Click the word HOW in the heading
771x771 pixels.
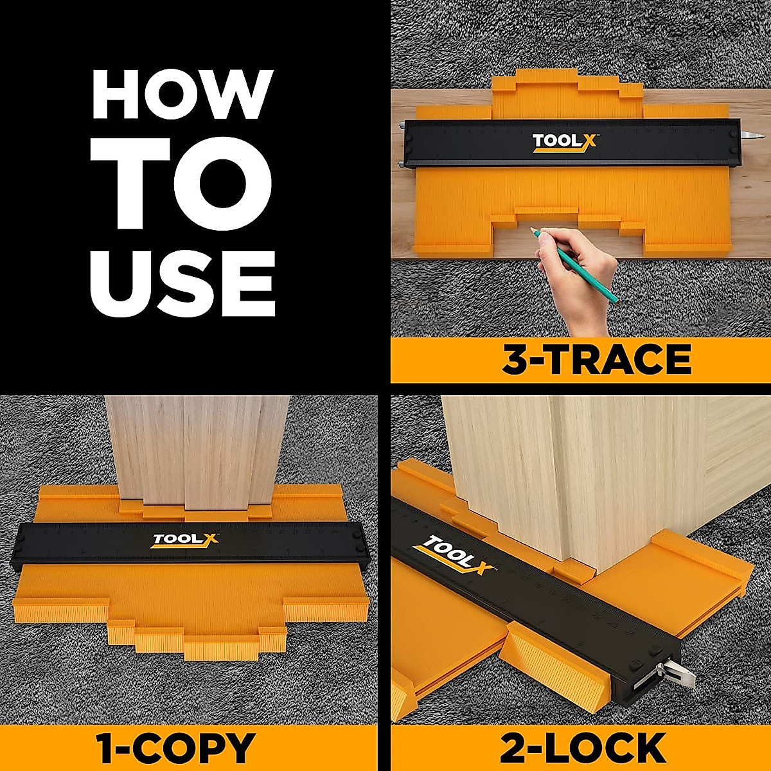(x=182, y=94)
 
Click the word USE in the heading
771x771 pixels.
(x=183, y=284)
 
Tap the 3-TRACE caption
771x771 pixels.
(x=596, y=360)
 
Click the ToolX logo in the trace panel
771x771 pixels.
(x=565, y=143)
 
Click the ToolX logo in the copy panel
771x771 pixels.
(x=185, y=540)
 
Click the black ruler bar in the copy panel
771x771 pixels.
(x=190, y=542)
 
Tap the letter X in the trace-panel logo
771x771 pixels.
(x=587, y=141)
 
